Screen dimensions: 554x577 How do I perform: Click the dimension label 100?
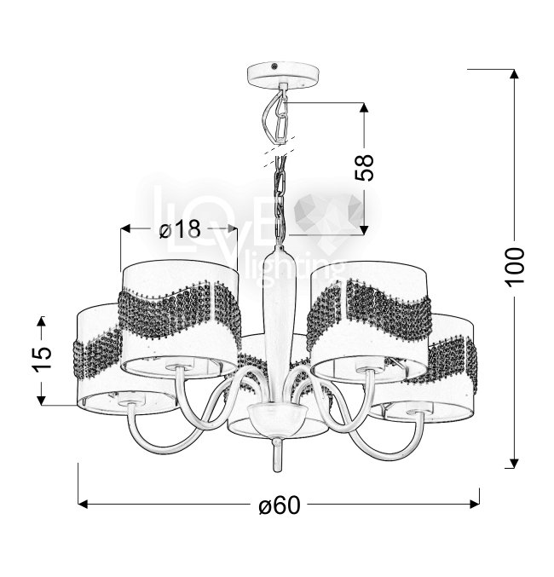pyautogui.click(x=515, y=267)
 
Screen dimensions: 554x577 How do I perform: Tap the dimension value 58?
pyautogui.click(x=364, y=167)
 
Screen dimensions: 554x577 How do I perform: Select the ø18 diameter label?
pyautogui.click(x=181, y=229)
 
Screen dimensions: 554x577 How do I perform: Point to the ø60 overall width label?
pyautogui.click(x=280, y=505)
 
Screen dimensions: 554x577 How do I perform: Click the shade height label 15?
pyautogui.click(x=43, y=359)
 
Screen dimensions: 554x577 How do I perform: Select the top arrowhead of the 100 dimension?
pyautogui.click(x=514, y=73)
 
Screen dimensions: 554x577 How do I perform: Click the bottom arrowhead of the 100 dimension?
pyautogui.click(x=514, y=464)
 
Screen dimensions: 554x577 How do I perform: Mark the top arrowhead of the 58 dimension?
pyautogui.click(x=364, y=107)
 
